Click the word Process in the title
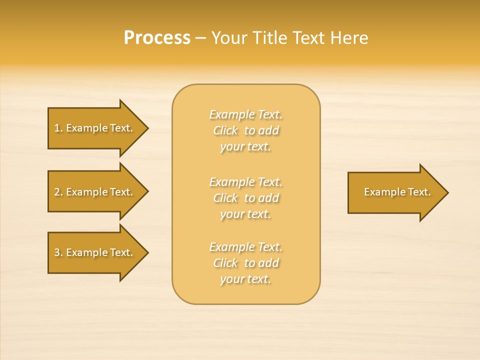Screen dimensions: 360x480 tap(157, 38)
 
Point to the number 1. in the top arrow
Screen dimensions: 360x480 tap(58, 128)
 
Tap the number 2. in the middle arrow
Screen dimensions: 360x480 tap(58, 192)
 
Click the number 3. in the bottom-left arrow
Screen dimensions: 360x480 tap(58, 252)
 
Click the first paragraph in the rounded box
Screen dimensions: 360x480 tap(245, 130)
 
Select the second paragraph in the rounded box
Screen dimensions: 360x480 tap(245, 198)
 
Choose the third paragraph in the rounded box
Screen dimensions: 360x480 tap(245, 263)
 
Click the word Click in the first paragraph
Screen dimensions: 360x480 tap(225, 131)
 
